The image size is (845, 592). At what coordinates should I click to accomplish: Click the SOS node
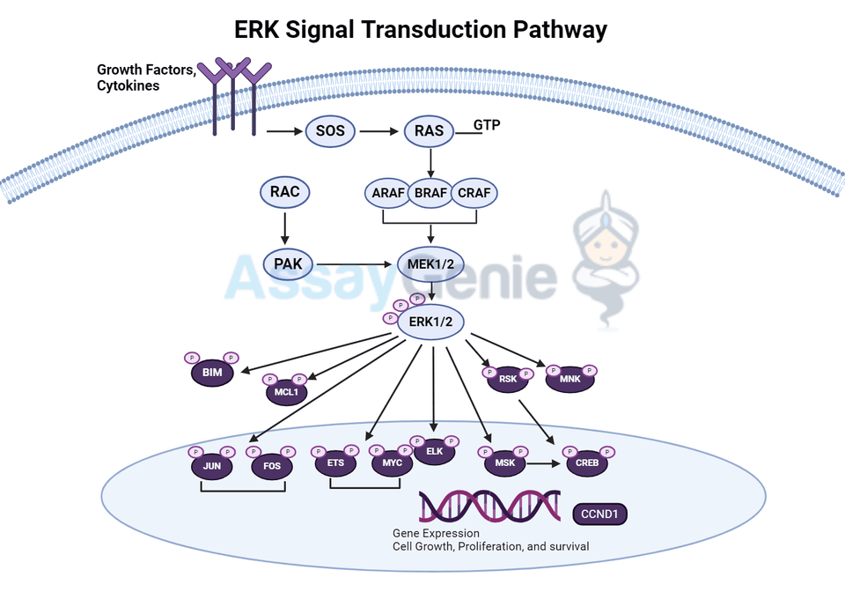pos(330,133)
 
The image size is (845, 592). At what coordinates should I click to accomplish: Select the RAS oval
pos(429,133)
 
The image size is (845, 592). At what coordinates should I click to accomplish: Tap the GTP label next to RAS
pos(487,125)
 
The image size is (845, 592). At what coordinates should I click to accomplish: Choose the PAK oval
pos(288,263)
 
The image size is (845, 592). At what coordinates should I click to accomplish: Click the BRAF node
pos(430,193)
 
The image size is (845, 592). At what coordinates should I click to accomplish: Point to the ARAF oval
pos(385,193)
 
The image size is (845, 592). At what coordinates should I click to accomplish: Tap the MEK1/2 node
pos(430,263)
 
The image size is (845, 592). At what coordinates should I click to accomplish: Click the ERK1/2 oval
pos(430,322)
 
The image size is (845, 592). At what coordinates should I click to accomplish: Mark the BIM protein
pos(212,374)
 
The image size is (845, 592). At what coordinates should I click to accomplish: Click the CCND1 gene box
pos(602,513)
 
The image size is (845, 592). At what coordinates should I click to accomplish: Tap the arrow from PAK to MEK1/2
pos(356,263)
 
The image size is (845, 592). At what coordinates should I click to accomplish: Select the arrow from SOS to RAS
pos(379,133)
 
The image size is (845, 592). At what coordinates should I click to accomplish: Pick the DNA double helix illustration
pos(489,507)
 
